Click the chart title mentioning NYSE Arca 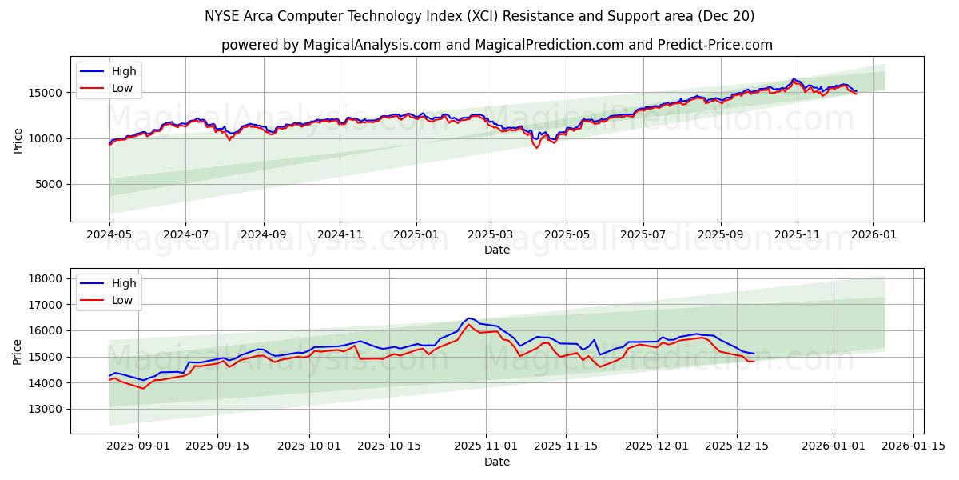pos(479,16)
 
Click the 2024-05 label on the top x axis pos(109,236)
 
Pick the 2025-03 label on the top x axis pos(490,236)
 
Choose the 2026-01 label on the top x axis pos(873,236)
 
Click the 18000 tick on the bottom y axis pos(45,278)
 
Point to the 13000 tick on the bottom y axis pos(45,409)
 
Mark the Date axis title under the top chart pos(496,250)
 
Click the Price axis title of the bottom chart pos(18,351)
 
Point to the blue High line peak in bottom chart pos(469,318)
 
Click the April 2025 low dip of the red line pos(537,148)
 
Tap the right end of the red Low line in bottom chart pos(754,361)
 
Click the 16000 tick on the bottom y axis pos(45,330)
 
